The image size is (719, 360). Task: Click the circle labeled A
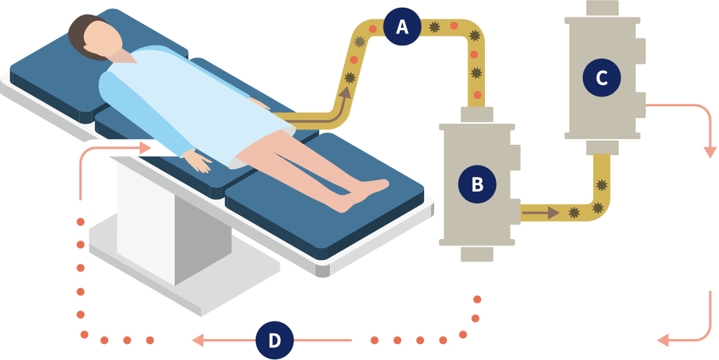[x=402, y=27]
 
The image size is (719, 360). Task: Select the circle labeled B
[x=477, y=185]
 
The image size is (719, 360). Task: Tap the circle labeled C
[x=601, y=78]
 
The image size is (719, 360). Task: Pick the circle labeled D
[x=274, y=340]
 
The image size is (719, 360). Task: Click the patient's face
[x=106, y=41]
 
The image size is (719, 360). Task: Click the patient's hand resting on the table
[x=201, y=164]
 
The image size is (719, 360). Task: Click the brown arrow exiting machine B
[x=541, y=212]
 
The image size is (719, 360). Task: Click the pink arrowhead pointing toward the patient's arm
[x=145, y=147]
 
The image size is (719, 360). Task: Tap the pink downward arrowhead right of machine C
[x=710, y=152]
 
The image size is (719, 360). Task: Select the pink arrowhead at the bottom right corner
[x=663, y=340]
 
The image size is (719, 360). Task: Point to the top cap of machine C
[x=602, y=8]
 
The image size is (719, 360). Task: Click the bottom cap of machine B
[x=477, y=253]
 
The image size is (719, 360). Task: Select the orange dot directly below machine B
[x=477, y=299]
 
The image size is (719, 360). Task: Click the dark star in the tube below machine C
[x=601, y=186]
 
